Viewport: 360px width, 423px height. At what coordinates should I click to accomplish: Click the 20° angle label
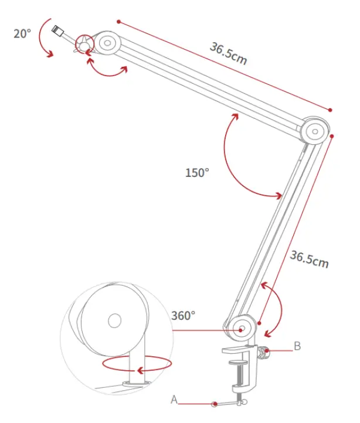tap(22, 33)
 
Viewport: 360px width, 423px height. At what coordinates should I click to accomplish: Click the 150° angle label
tap(197, 172)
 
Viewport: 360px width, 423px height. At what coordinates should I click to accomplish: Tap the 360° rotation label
tap(183, 315)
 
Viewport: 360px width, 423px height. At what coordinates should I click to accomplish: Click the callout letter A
tap(174, 400)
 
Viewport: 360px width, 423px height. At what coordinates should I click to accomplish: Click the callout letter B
tap(297, 346)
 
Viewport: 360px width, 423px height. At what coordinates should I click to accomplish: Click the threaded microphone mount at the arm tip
tap(57, 30)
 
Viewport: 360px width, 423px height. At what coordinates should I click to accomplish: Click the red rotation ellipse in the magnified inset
tap(137, 363)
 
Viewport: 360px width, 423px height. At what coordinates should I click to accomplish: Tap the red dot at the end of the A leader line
tap(216, 403)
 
